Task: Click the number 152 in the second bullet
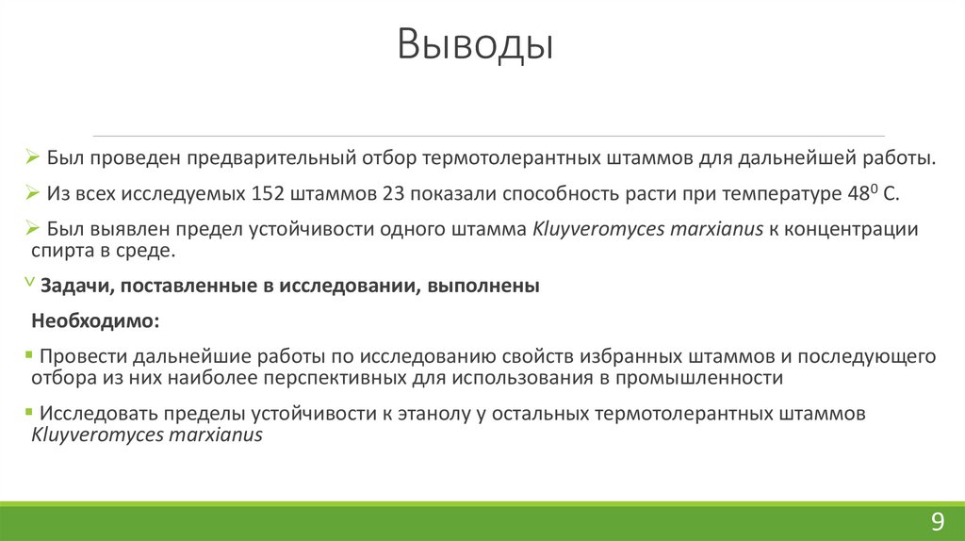point(270,195)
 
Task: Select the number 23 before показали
point(394,195)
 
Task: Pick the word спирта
point(58,252)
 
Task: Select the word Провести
point(83,357)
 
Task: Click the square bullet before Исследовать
point(31,412)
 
